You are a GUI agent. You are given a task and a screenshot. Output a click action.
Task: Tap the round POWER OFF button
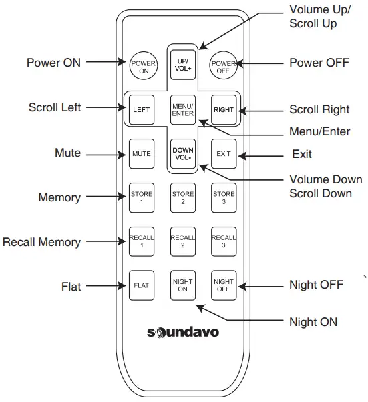[224, 65]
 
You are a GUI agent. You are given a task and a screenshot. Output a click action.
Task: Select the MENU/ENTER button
[182, 109]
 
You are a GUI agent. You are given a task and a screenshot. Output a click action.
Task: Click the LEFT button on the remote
[141, 109]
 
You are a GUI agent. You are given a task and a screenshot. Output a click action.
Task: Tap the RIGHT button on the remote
[224, 109]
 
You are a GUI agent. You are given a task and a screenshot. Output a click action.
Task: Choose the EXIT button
[224, 153]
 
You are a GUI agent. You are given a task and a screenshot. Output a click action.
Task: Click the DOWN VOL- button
[182, 154]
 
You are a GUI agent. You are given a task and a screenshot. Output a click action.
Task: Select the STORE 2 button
[182, 197]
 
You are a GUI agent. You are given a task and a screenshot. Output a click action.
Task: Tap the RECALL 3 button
[224, 241]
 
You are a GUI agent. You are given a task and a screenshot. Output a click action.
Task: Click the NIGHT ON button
[182, 285]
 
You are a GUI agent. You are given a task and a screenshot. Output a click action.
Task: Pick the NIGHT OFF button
[224, 285]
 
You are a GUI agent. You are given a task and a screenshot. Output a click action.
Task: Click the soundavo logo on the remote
[182, 331]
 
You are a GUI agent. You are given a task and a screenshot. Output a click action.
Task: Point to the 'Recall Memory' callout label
[41, 242]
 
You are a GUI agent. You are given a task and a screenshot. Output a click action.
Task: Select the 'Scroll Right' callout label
[319, 109]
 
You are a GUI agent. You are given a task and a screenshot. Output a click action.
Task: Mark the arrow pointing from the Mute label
[106, 153]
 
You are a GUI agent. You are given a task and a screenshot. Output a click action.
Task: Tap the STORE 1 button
[141, 197]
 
